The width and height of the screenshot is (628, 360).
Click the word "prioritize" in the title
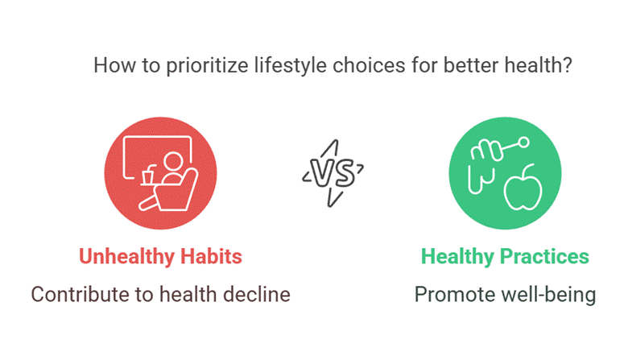tap(207, 66)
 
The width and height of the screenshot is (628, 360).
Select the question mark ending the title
tap(567, 65)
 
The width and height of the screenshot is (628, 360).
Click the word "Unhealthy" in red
tap(127, 257)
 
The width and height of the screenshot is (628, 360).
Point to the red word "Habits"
tap(212, 256)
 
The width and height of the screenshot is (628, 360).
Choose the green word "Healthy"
tap(457, 257)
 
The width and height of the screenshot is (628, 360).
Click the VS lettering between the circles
tap(333, 173)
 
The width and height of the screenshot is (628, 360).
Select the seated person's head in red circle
tap(173, 162)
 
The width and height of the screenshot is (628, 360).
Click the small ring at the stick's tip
tap(523, 143)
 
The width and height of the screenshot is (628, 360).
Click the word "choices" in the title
tap(369, 66)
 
